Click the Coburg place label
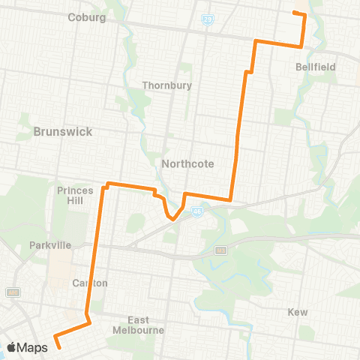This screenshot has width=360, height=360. point(86,17)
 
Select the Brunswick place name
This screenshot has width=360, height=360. point(63,131)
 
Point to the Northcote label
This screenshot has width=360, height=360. point(187,163)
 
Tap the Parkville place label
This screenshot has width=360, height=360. point(50,245)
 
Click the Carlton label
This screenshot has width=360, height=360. point(91,283)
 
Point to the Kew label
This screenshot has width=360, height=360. point(298,311)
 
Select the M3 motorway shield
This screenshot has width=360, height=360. point(220,250)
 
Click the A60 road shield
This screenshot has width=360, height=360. point(12,292)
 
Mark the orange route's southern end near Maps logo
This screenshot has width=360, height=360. point(58,346)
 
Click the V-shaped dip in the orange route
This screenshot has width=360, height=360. point(172,220)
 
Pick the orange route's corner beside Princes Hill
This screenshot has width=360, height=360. point(106,184)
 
